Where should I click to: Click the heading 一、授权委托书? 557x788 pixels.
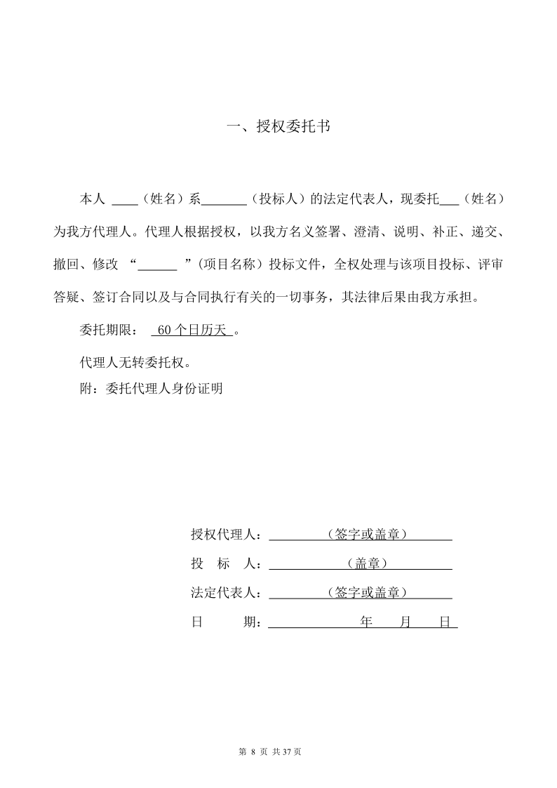(278, 127)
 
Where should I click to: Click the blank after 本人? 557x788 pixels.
(125, 200)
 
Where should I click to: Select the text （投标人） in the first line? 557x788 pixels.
(278, 199)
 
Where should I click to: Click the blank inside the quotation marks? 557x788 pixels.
(157, 265)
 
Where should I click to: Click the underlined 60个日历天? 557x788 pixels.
(192, 330)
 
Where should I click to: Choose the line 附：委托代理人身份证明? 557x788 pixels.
(152, 388)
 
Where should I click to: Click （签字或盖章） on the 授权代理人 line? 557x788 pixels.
(368, 535)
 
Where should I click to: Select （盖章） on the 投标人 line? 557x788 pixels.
(368, 563)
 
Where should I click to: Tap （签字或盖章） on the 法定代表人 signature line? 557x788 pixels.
(368, 592)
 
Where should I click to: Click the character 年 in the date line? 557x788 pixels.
(365, 622)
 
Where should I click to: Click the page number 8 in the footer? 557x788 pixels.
(253, 752)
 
